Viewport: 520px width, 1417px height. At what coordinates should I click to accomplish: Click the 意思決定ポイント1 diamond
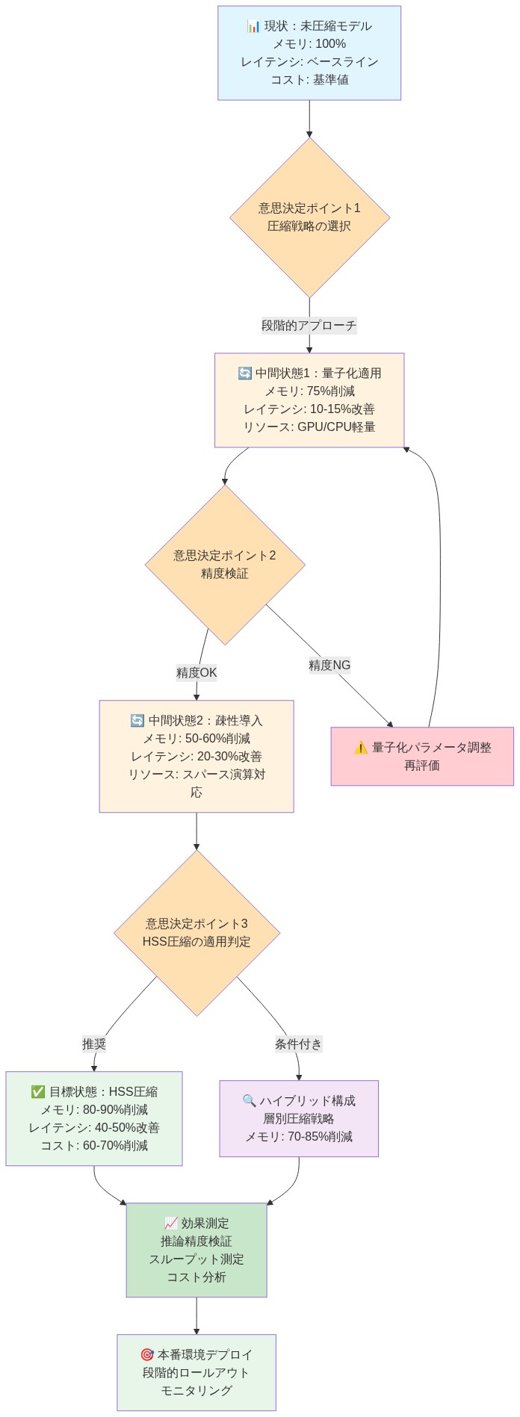tap(309, 217)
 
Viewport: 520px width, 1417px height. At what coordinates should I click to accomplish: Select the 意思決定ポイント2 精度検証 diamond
tap(225, 565)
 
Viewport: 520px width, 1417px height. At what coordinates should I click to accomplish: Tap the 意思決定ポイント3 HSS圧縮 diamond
tap(196, 932)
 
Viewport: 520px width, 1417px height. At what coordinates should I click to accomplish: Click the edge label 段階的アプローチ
tap(309, 325)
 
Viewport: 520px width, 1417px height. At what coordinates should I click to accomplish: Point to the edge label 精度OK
tap(196, 672)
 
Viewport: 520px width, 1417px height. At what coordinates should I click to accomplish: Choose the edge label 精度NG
tap(329, 665)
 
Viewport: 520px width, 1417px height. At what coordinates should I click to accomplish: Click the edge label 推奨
tap(94, 1044)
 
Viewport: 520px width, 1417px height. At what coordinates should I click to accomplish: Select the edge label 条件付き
tap(298, 1044)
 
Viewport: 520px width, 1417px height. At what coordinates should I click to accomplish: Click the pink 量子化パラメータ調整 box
tap(422, 756)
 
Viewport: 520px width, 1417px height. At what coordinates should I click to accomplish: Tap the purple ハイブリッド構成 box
tap(299, 1118)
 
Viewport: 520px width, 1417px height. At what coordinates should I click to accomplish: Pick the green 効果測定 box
tap(196, 1250)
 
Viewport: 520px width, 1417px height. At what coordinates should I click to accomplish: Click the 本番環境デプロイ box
tap(196, 1372)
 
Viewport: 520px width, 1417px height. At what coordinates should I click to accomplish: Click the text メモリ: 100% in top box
tap(309, 44)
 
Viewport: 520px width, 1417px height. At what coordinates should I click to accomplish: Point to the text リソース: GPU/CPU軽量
tap(309, 427)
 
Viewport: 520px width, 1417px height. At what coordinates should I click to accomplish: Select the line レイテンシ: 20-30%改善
tap(196, 757)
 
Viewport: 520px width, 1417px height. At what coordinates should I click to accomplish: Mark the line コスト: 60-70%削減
tap(94, 1146)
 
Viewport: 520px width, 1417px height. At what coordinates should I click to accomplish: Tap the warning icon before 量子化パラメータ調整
tap(361, 748)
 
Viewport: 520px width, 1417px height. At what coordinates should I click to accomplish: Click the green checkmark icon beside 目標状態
tap(38, 1092)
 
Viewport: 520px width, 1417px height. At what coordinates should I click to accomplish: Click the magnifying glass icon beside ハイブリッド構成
tap(250, 1101)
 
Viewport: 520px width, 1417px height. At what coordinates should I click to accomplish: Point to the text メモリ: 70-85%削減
tap(299, 1137)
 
